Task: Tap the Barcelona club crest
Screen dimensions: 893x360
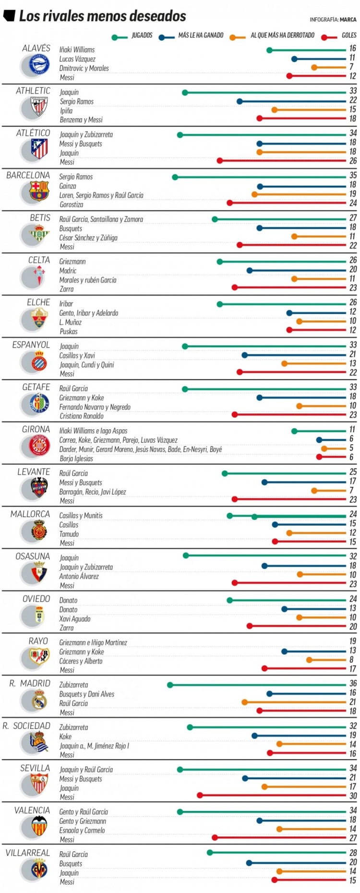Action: point(39,192)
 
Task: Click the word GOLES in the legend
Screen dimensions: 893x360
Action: point(349,36)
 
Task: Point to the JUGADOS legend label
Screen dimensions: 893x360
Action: point(142,36)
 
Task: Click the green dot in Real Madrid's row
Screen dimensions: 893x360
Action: point(170,685)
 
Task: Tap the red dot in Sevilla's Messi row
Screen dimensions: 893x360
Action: point(200,796)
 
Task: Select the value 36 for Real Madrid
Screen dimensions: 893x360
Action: point(353,683)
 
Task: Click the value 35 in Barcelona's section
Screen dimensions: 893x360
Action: point(353,175)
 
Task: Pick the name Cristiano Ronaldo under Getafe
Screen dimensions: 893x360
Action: point(81,416)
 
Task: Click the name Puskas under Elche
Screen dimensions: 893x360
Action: point(69,332)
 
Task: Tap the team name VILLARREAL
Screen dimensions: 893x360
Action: point(27,853)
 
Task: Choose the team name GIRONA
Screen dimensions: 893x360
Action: point(36,429)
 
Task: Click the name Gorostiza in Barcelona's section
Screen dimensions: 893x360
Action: point(72,205)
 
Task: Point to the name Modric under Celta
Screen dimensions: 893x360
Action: point(68,271)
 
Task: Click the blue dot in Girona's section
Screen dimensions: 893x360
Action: point(319,440)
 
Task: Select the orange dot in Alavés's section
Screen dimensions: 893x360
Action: point(314,68)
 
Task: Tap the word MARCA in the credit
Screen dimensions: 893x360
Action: point(348,20)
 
